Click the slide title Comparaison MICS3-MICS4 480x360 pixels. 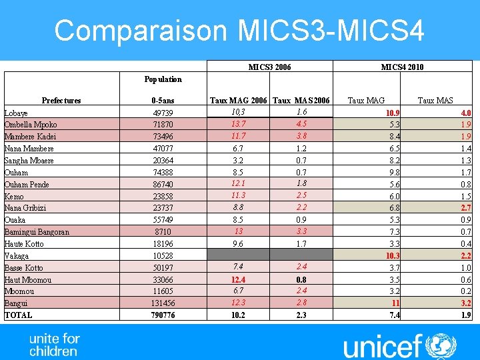point(239,30)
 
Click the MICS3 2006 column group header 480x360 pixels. point(269,67)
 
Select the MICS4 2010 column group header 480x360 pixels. point(402,67)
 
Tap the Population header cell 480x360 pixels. point(163,79)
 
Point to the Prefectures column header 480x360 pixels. point(61,101)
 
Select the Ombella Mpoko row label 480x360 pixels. point(31,125)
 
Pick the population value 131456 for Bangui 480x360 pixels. point(163,303)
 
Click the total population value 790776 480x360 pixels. point(163,315)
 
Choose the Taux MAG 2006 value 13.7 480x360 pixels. point(239,124)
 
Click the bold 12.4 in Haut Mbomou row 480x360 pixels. point(239,279)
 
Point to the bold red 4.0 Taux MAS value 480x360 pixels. point(465,113)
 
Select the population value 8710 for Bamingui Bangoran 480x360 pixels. point(163,232)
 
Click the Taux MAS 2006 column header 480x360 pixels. point(301,101)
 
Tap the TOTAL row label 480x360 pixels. point(19,315)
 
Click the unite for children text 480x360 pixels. point(54,344)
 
